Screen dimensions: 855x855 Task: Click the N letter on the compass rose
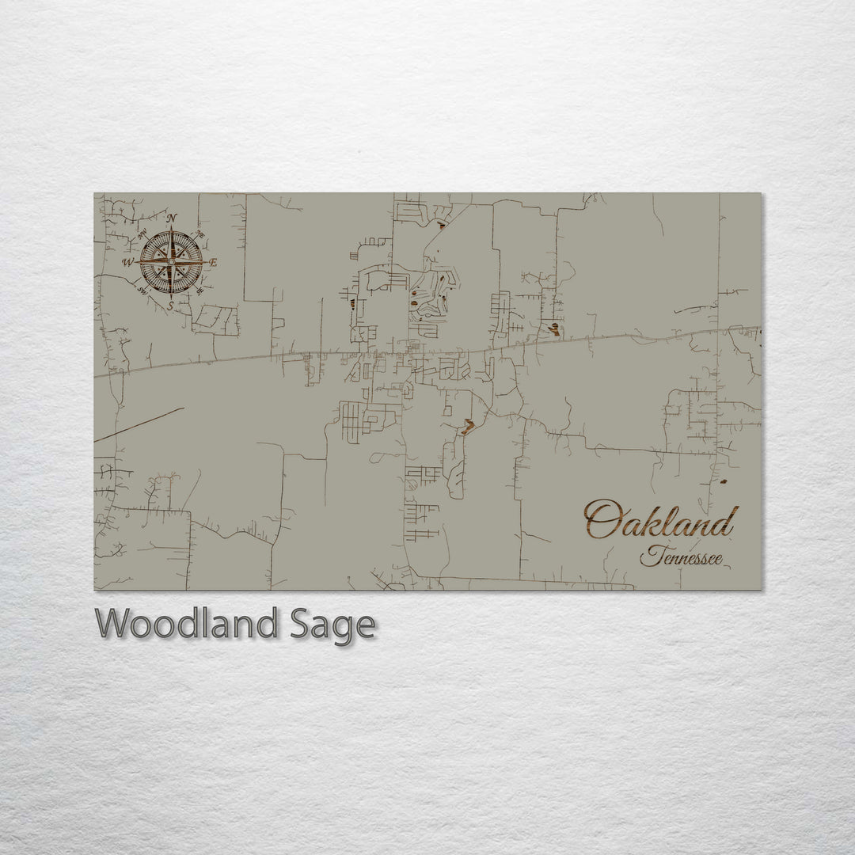point(172,218)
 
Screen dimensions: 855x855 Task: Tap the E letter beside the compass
point(214,262)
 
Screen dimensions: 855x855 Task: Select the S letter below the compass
point(170,304)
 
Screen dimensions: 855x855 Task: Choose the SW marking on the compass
point(142,290)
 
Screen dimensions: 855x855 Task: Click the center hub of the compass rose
point(171,261)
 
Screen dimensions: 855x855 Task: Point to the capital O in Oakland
point(602,520)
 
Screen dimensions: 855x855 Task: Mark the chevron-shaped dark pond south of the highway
point(468,427)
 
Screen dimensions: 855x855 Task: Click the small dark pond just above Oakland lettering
point(723,481)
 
